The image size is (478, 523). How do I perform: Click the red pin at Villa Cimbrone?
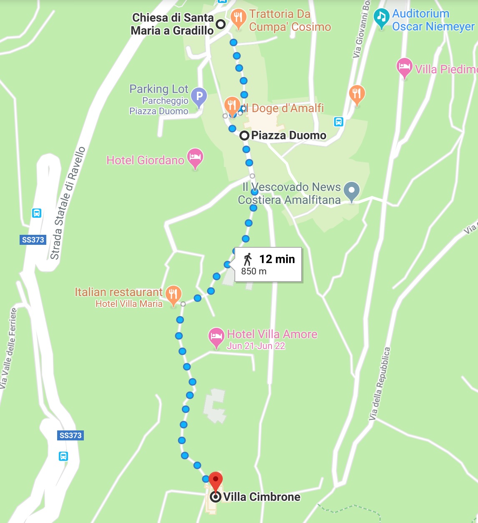[215, 481]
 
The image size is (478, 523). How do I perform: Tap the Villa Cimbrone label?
[262, 497]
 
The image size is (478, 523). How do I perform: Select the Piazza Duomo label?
[289, 136]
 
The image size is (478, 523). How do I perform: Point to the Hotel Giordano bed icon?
[195, 158]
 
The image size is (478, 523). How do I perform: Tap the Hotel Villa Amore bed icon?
[216, 336]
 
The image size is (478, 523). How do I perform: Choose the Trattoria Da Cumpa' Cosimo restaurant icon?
[238, 18]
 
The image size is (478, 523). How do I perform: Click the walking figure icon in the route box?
[248, 259]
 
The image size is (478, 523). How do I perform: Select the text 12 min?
[277, 259]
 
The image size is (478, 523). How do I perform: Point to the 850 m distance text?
[254, 272]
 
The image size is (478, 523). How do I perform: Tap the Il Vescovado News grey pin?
[352, 191]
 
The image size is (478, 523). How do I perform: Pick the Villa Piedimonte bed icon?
[404, 67]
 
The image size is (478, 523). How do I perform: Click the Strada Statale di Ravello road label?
[68, 203]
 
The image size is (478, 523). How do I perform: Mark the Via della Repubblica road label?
[380, 383]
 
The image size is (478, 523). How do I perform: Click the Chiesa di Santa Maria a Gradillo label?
[173, 24]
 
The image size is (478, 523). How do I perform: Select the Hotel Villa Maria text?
[129, 304]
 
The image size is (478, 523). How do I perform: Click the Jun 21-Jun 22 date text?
[256, 346]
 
